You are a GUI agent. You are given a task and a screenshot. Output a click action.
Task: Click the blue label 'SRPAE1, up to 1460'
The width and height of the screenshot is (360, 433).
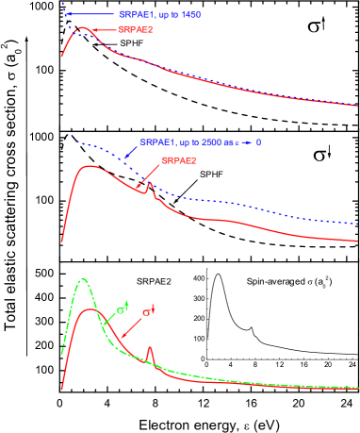tap(160, 15)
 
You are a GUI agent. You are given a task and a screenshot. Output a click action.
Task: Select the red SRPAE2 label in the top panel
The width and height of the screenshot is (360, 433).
tap(136, 30)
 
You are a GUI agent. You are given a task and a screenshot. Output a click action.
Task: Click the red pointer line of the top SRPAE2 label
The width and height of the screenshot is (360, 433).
tap(106, 31)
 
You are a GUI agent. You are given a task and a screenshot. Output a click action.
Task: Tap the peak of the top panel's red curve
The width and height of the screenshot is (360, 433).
tap(83, 29)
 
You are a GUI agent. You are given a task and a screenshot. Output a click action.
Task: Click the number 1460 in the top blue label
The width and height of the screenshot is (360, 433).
tap(190, 15)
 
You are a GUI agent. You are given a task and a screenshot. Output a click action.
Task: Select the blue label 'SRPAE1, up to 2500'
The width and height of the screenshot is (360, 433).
tap(188, 142)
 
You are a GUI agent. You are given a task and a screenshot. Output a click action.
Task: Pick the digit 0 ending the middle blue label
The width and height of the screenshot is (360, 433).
tap(258, 142)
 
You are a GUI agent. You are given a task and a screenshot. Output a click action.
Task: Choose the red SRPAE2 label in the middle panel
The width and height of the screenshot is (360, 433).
tap(179, 160)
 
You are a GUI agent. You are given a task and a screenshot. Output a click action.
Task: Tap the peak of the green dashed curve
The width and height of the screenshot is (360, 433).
tap(84, 280)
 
